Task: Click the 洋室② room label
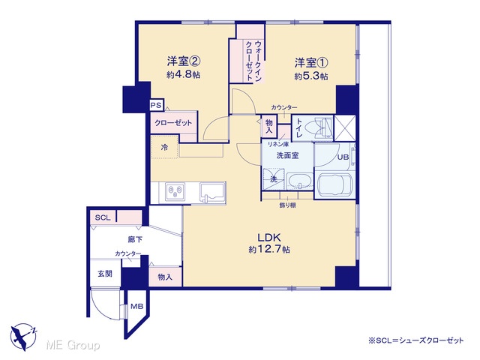coord(184,61)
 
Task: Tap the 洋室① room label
coord(311,63)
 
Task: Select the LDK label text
coord(269,237)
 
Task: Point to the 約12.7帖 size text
coord(269,250)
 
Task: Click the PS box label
coord(156,105)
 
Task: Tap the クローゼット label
coord(173,123)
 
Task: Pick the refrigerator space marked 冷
coord(165,147)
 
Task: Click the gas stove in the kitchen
coord(175,192)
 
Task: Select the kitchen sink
coord(212,192)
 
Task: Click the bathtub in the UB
coord(335,186)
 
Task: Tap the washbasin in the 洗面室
coord(300,181)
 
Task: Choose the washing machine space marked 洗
coord(274,179)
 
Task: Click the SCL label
coord(103,217)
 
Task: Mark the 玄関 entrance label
coord(105,273)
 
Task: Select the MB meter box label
coord(136,306)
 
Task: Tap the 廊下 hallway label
coord(135,239)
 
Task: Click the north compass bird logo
coord(23,337)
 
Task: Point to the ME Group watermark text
coord(73,345)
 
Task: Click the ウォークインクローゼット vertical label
coord(254,61)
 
